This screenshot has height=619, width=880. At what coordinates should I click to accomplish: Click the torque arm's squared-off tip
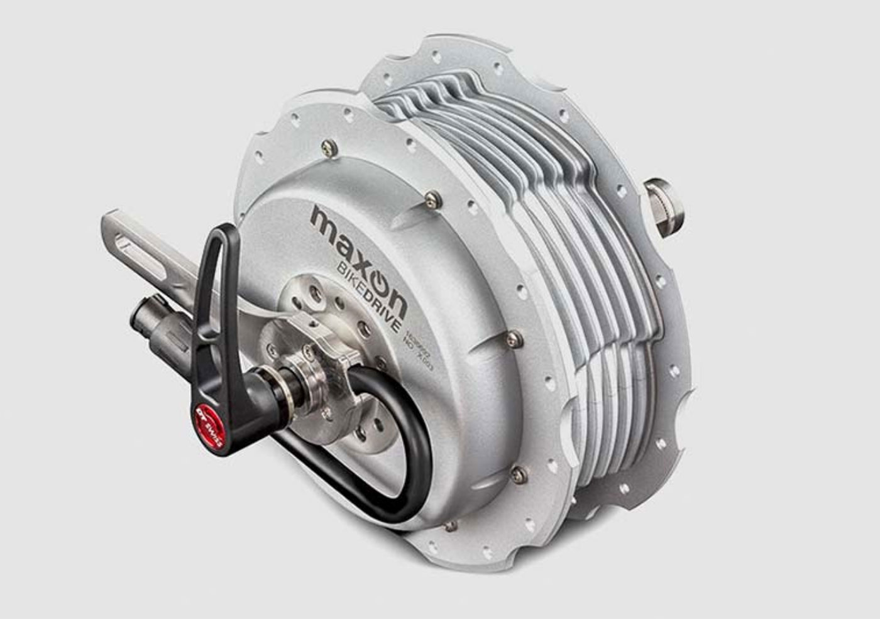[107, 226]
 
